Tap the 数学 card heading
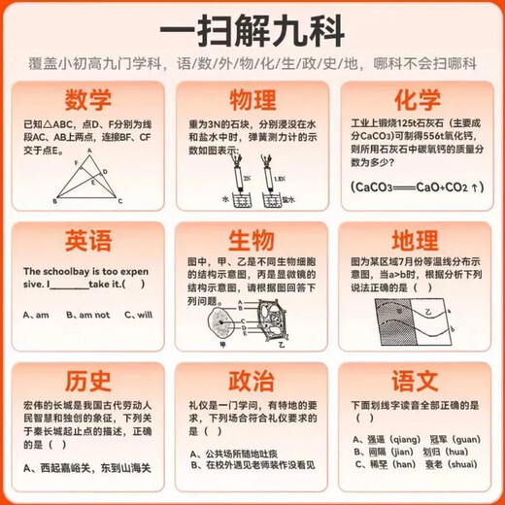coord(86,100)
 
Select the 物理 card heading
coord(252,100)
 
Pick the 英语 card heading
coord(86,241)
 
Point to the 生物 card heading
coord(252,241)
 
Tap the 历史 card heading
coord(86,380)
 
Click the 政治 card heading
coord(252,380)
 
